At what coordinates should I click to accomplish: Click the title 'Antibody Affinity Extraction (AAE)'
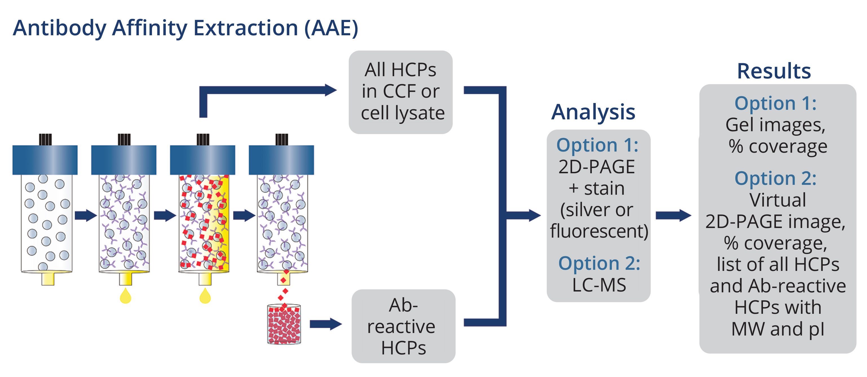coord(186,28)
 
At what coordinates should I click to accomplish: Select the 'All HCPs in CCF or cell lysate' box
coord(401,92)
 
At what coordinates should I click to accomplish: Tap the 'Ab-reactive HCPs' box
coord(403,326)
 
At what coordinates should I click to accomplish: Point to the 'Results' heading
coord(774,71)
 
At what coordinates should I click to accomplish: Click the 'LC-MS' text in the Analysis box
coord(599,285)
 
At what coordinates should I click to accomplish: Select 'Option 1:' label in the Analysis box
coord(597,145)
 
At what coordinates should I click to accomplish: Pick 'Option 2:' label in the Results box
coord(775,178)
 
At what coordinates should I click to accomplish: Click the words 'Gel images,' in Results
coord(775,125)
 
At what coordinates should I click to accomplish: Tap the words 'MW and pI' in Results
coord(777,329)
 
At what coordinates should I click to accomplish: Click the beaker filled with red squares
coord(284,324)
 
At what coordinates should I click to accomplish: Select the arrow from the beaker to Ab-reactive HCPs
coord(325,324)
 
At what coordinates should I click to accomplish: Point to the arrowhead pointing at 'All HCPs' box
coord(330,90)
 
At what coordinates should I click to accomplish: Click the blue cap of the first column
coord(45,160)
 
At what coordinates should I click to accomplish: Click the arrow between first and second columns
coord(85,215)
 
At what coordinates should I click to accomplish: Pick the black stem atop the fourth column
coord(282,139)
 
